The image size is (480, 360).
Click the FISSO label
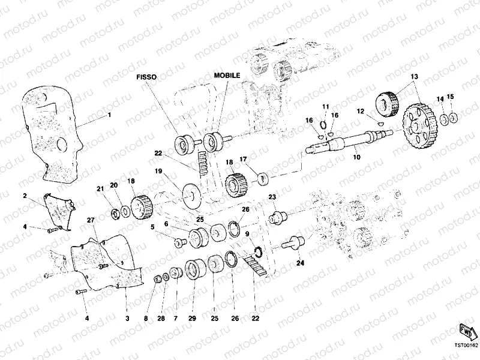click(146, 77)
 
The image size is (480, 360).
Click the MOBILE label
click(227, 76)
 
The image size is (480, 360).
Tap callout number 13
click(413, 77)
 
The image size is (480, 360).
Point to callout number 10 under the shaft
click(356, 157)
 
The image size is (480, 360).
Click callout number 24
click(299, 262)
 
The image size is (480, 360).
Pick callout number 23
click(272, 197)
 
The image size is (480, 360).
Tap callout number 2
click(25, 196)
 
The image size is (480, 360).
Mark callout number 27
click(91, 221)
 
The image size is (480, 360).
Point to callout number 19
click(159, 171)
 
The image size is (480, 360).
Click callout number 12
click(361, 111)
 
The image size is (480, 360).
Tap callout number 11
click(326, 106)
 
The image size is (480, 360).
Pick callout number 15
click(451, 97)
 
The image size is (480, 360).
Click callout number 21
click(100, 189)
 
